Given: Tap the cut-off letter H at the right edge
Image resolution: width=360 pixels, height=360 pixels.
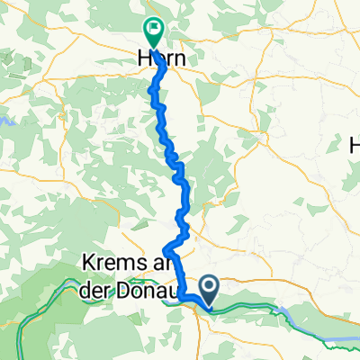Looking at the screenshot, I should [x=355, y=144].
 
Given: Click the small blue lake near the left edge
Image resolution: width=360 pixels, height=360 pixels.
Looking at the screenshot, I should [x=4, y=117].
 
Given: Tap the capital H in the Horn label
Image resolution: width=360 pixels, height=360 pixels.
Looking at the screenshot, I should [x=143, y=56].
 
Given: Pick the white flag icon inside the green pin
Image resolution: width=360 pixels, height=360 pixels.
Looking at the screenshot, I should [x=155, y=30].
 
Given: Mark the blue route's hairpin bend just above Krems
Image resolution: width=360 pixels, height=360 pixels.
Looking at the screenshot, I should [x=165, y=249].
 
